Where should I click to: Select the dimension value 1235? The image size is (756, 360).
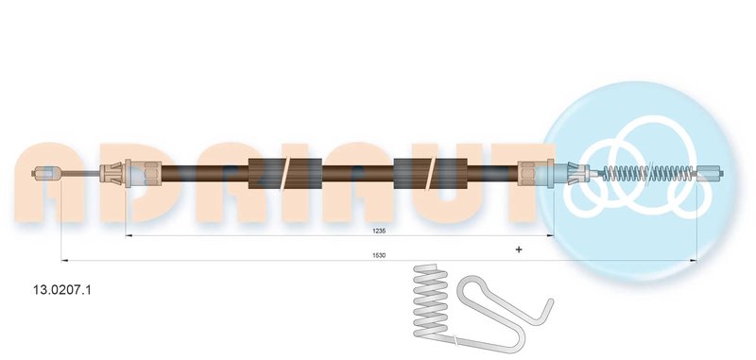(x=379, y=231)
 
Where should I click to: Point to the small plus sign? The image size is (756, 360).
(x=519, y=249)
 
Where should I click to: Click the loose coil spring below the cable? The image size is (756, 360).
(x=431, y=301)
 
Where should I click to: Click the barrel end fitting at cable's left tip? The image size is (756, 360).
(x=46, y=173)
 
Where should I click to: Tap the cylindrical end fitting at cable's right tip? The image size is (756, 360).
(x=710, y=173)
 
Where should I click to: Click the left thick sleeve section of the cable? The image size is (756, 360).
(x=285, y=173)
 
